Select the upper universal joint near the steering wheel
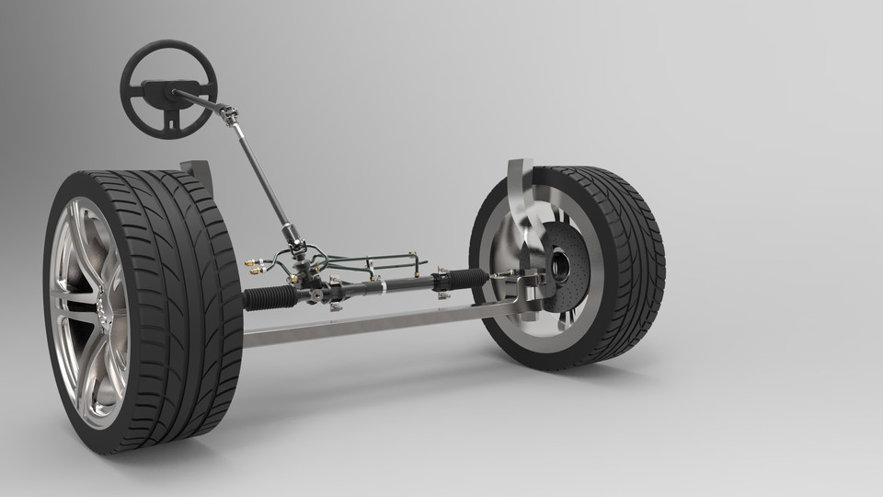pyautogui.click(x=228, y=115)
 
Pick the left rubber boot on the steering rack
pyautogui.click(x=270, y=297)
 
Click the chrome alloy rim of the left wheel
pyautogui.click(x=87, y=313)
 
